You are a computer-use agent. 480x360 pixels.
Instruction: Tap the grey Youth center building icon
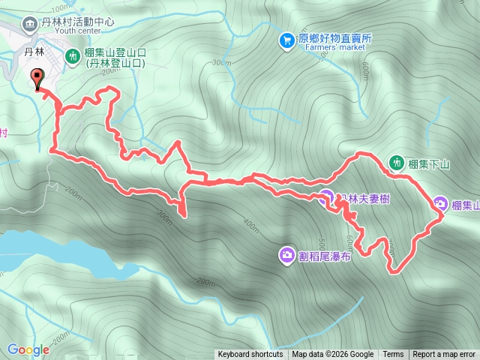[x=29, y=23]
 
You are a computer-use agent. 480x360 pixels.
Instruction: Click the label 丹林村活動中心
[x=78, y=22]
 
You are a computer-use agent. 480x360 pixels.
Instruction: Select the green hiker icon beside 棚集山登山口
[x=73, y=55]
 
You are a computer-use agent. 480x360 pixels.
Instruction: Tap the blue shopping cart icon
[x=286, y=40]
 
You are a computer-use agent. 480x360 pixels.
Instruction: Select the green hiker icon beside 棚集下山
[x=396, y=162]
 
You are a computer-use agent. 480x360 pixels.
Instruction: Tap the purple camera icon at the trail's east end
[x=440, y=203]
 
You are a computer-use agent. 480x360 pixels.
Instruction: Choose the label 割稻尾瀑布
[x=325, y=256]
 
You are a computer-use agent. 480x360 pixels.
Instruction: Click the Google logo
[x=28, y=349]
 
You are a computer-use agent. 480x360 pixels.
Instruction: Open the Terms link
[x=393, y=355]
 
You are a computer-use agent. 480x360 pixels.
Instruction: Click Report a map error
[x=444, y=355]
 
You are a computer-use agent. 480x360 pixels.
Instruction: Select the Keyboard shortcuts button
[x=250, y=355]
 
